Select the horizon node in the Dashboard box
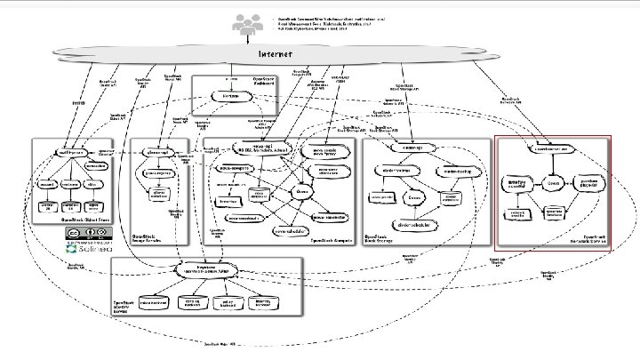point(229,95)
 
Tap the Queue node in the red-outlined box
point(553,182)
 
